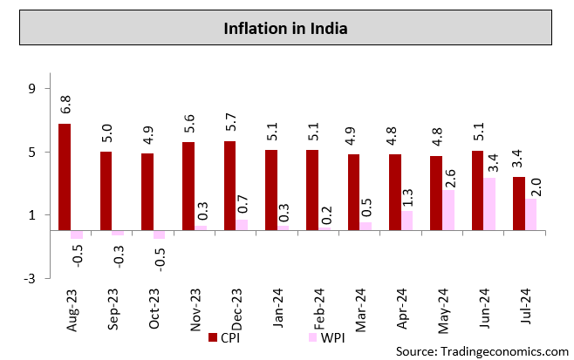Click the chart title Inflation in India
click(x=286, y=29)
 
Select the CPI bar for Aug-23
click(x=65, y=177)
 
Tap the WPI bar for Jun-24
click(x=489, y=204)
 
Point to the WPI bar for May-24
click(x=448, y=210)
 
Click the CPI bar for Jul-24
click(x=518, y=204)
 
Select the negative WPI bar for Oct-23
click(x=159, y=234)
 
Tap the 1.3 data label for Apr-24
click(x=408, y=193)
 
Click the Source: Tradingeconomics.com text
click(x=482, y=350)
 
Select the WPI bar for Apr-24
click(x=407, y=221)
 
